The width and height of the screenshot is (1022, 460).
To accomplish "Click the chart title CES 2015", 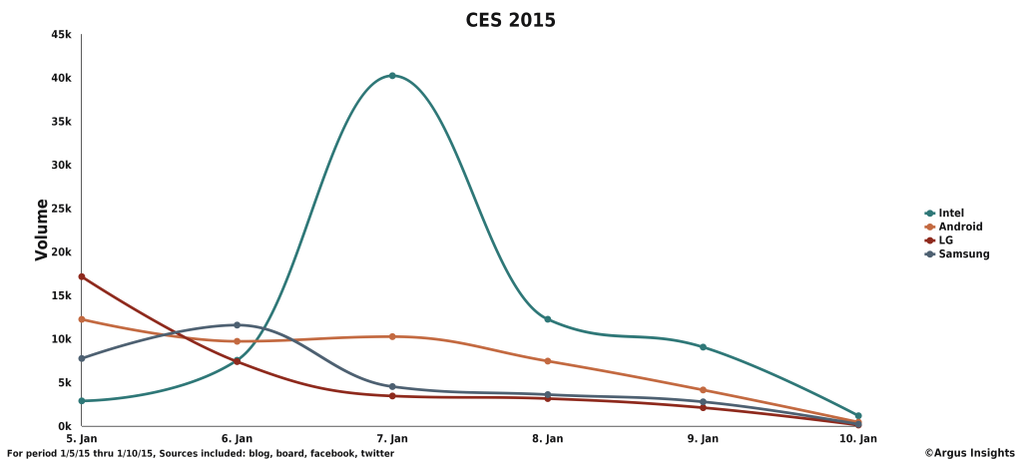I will (510, 19).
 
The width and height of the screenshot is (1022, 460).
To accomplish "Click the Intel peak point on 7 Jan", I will (392, 76).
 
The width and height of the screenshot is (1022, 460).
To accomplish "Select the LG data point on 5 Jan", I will (82, 276).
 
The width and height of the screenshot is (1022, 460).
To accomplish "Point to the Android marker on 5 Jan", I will (82, 319).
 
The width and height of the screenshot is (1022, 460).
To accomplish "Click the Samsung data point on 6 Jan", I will (237, 324).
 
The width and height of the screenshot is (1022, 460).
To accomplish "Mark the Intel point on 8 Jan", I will (548, 319).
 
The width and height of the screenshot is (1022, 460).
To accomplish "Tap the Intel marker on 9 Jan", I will (703, 347).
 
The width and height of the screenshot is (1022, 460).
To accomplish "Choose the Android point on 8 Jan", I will (548, 361).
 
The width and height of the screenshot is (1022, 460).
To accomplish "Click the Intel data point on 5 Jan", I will (82, 401).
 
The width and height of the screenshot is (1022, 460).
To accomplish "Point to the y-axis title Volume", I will (42, 230).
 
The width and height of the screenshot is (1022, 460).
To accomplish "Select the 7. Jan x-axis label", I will (392, 438).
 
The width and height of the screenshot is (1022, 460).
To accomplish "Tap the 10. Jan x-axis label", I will (857, 438).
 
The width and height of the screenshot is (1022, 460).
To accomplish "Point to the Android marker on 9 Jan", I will (703, 390).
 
